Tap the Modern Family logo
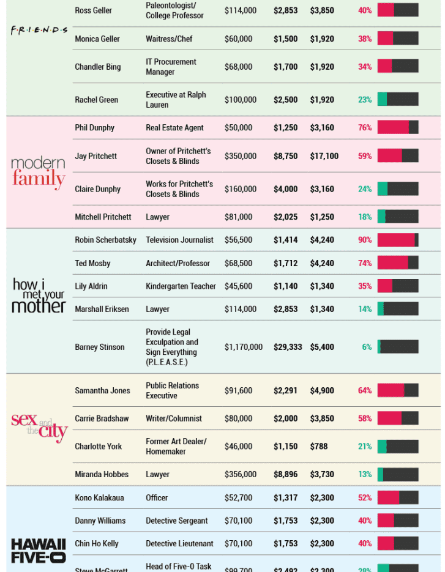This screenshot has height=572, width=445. tap(38, 171)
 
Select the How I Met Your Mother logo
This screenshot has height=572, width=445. tap(39, 295)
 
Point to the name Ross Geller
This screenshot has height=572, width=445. tap(93, 10)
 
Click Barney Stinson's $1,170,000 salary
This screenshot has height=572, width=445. tap(244, 347)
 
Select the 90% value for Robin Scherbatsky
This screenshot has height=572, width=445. tap(365, 240)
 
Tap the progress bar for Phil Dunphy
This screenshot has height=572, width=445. tap(398, 127)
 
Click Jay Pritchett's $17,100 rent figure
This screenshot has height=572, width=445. tap(324, 156)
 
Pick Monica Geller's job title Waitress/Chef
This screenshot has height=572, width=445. tap(169, 39)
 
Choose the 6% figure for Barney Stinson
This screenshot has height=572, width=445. tap(367, 347)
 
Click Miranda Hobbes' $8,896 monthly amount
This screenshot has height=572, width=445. tap(285, 474)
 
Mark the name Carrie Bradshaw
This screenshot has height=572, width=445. tap(102, 418)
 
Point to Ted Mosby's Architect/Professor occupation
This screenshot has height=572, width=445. tap(178, 263)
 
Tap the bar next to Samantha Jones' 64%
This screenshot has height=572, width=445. tap(398, 390)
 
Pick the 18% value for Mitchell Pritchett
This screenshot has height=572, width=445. tap(365, 217)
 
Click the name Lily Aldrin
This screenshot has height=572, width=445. tap(91, 286)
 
